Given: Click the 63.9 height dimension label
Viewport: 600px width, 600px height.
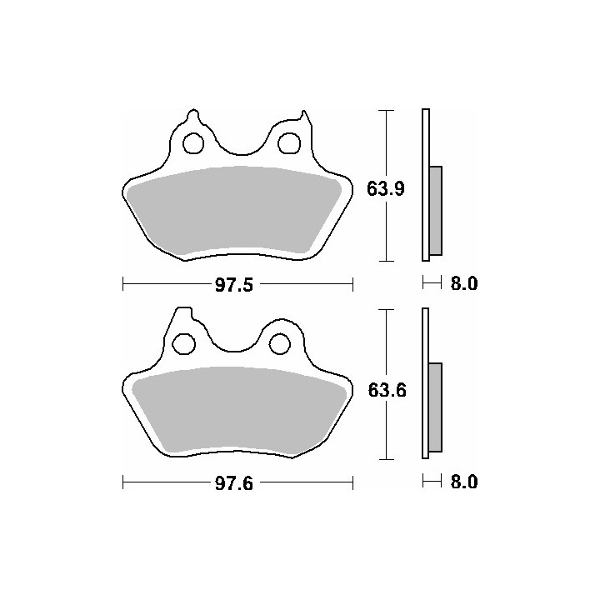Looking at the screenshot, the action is tap(386, 188).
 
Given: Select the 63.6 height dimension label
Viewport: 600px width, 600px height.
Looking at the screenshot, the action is tap(387, 390).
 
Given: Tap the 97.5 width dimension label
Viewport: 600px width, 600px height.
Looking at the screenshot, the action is tap(234, 285).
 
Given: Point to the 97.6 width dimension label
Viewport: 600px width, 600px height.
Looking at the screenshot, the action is tap(234, 484).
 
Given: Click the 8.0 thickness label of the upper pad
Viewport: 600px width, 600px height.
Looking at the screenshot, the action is tap(464, 283).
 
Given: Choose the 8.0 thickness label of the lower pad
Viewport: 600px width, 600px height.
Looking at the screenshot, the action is tap(464, 482).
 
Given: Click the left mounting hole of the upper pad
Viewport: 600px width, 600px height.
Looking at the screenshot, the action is tap(193, 143).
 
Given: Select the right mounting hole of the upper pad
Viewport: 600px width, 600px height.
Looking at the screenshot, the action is tap(289, 143).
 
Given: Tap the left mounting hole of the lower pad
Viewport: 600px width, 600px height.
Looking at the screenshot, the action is tap(183, 343).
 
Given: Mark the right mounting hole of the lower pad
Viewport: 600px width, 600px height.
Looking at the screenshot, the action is tap(280, 343).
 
